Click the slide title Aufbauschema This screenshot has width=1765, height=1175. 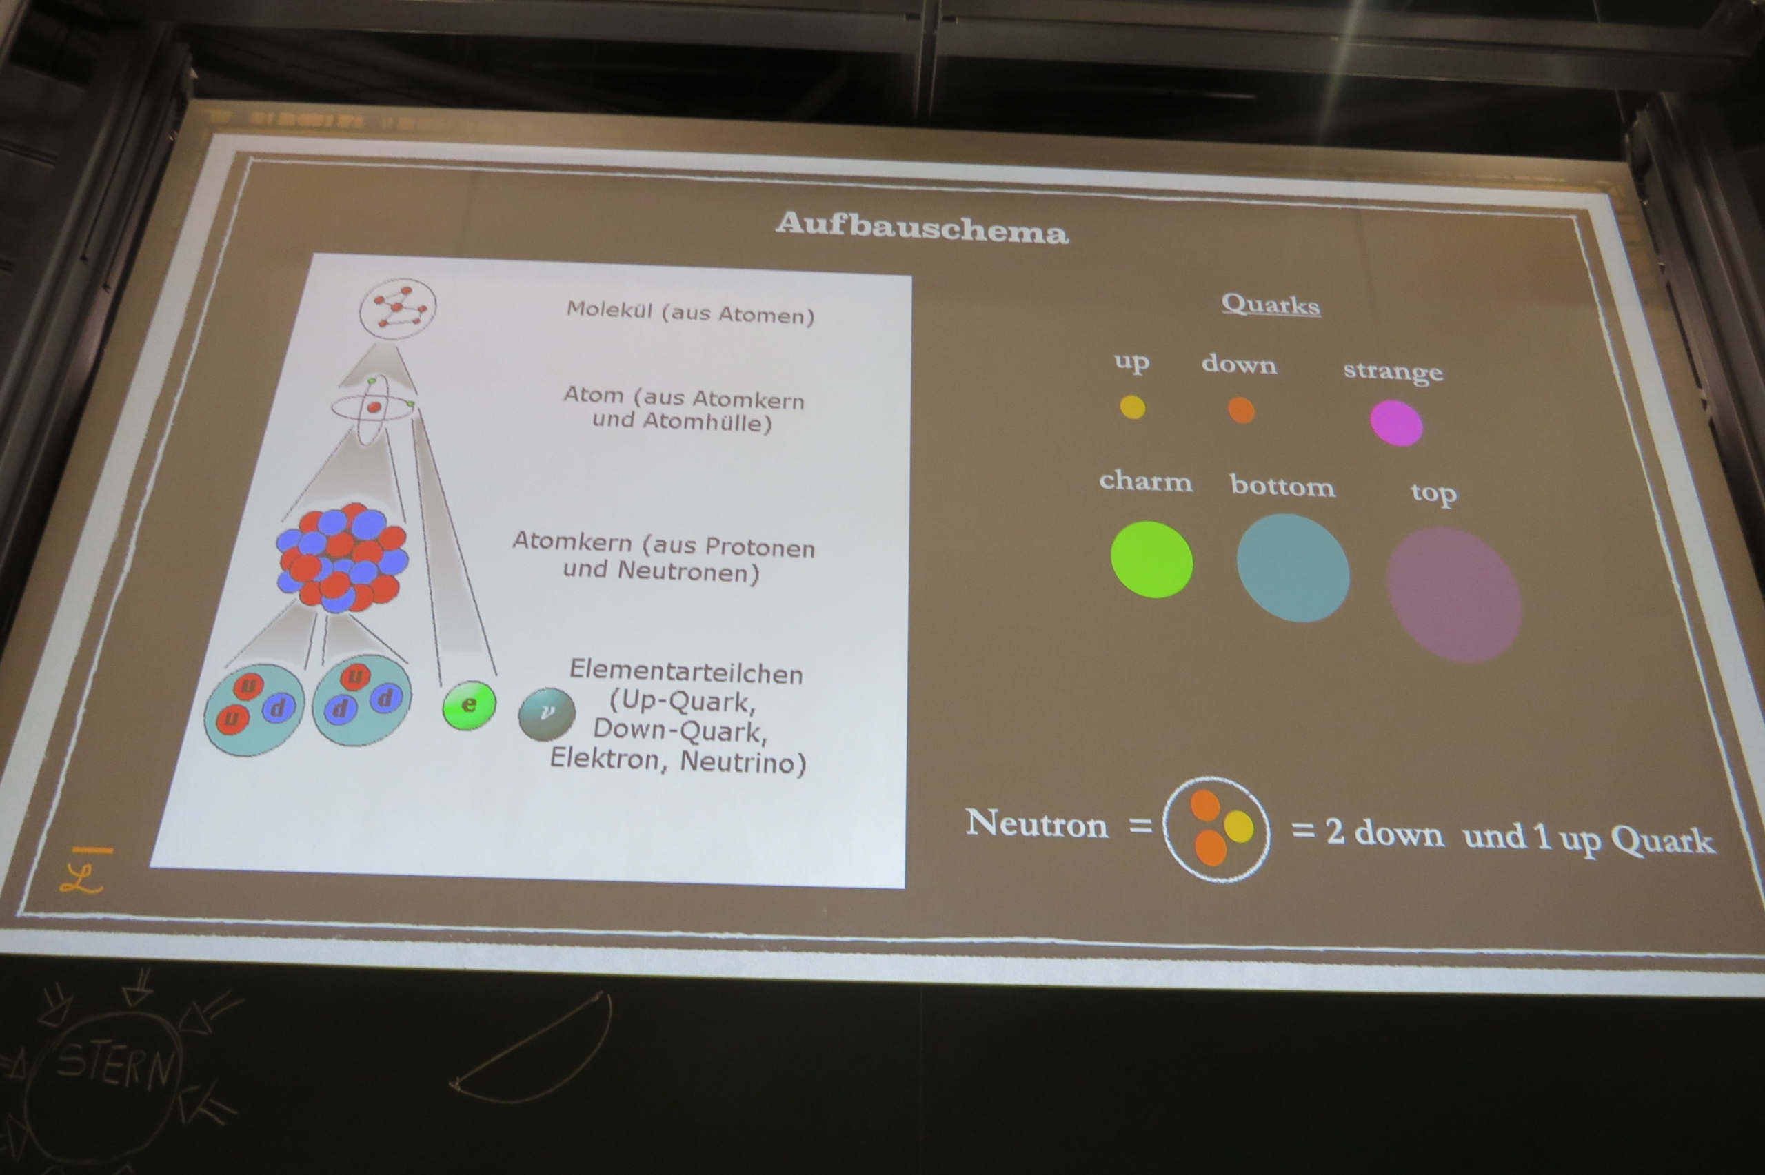[922, 227]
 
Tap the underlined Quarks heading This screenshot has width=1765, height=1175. [1271, 304]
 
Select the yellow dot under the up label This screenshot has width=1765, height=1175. [1133, 407]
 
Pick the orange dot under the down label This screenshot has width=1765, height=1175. [1241, 410]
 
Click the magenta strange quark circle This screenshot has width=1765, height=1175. [1396, 422]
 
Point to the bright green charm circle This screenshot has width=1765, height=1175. [1151, 559]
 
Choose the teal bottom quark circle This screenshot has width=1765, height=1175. [1293, 567]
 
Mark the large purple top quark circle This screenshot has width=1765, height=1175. [1454, 594]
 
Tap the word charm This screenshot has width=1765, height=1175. [1146, 480]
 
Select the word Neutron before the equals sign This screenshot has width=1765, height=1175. [1036, 823]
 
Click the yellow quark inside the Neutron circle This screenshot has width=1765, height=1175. [1238, 826]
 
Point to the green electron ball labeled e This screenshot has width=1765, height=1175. [468, 705]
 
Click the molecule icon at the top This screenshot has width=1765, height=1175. [397, 308]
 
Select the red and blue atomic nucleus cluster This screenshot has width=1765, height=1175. [342, 558]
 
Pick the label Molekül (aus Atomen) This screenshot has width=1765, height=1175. [690, 312]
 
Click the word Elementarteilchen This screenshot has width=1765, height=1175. [686, 671]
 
